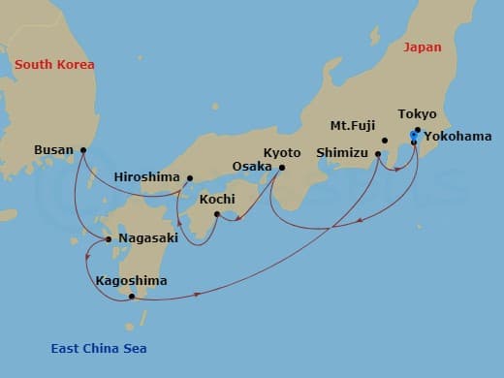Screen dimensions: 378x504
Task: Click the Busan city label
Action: pyautogui.click(x=52, y=150)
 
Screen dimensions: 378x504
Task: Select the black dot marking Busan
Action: pyautogui.click(x=83, y=150)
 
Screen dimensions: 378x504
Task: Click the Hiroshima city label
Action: pyautogui.click(x=146, y=177)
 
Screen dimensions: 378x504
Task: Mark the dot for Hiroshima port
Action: pyautogui.click(x=190, y=178)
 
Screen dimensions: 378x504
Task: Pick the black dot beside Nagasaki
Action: pyautogui.click(x=109, y=238)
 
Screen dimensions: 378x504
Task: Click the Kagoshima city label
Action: pyautogui.click(x=131, y=281)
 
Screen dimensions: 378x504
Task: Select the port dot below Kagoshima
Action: pyautogui.click(x=132, y=297)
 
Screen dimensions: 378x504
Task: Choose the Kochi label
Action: pyautogui.click(x=217, y=199)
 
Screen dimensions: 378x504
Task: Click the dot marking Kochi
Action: pyautogui.click(x=217, y=214)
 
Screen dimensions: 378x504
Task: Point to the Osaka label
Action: pyautogui.click(x=252, y=167)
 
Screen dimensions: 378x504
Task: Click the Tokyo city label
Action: pyautogui.click(x=418, y=113)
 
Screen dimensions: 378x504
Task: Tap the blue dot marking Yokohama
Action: pyautogui.click(x=414, y=136)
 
